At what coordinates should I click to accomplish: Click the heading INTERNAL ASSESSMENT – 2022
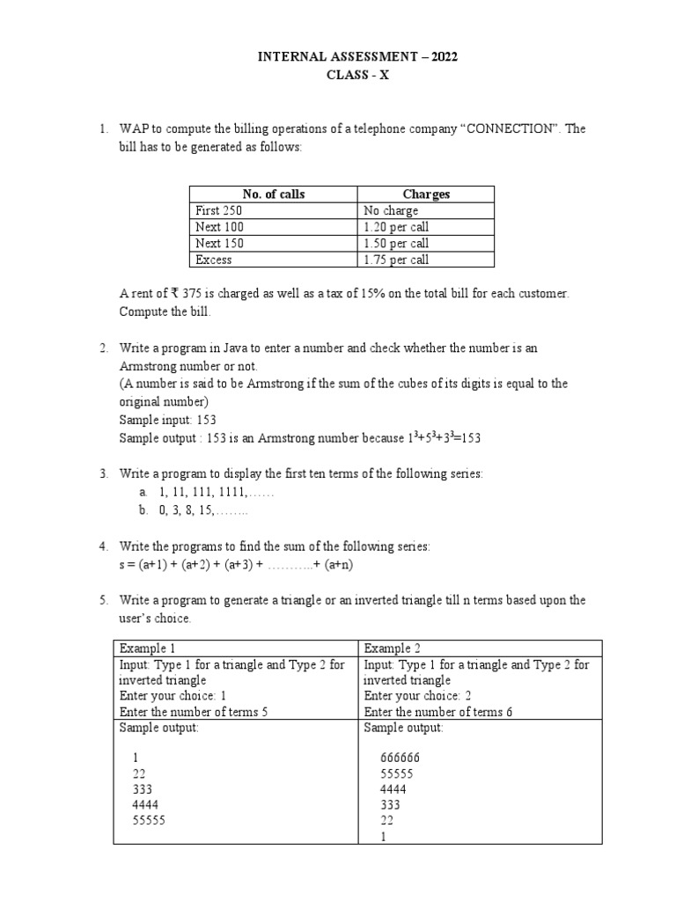(x=356, y=58)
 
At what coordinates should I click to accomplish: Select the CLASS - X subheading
(x=356, y=76)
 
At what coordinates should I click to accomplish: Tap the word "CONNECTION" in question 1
(x=508, y=128)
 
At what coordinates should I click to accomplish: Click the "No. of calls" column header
(x=274, y=194)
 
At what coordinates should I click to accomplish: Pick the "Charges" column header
(x=426, y=194)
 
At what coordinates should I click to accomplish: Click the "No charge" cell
(x=391, y=211)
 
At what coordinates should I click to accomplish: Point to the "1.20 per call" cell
(x=396, y=227)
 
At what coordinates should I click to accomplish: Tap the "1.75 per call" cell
(x=396, y=260)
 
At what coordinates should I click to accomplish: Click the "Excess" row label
(x=214, y=260)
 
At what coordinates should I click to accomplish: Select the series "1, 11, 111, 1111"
(x=200, y=492)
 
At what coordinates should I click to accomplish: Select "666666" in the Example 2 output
(x=400, y=758)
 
